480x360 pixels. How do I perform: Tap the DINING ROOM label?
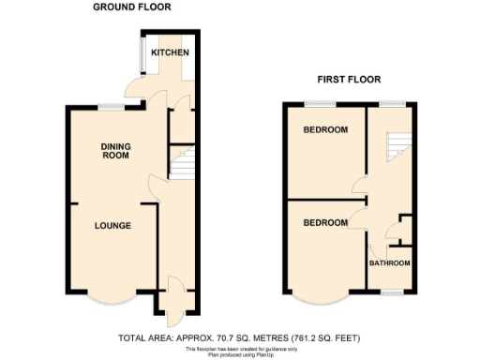tap(116, 151)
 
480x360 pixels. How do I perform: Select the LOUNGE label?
tap(112, 226)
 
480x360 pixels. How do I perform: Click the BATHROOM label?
tap(389, 263)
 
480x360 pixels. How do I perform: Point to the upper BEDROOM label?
tap(325, 129)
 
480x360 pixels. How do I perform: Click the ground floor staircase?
tap(181, 165)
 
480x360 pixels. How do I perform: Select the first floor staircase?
tap(399, 144)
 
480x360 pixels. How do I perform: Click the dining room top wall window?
tap(114, 107)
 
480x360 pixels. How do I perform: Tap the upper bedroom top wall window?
tap(312, 103)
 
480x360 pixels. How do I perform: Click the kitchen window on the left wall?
tap(142, 55)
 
